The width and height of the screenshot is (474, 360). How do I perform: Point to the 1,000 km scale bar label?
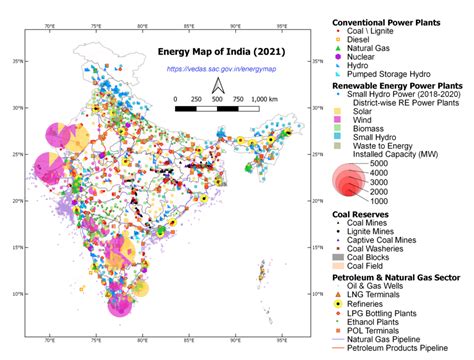(x=265, y=100)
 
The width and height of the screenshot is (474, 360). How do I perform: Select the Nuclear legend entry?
(x=372, y=56)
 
